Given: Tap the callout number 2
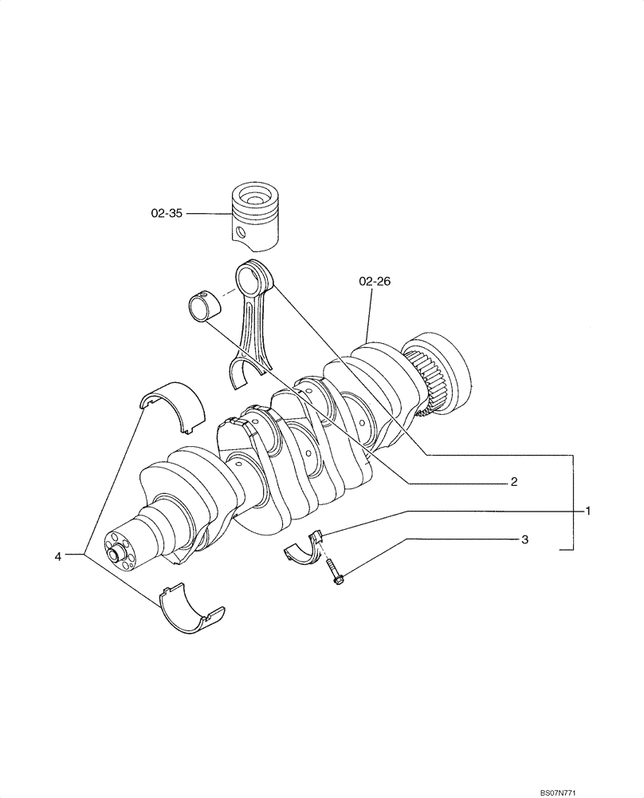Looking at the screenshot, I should click(514, 482).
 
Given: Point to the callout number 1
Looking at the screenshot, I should click(588, 510).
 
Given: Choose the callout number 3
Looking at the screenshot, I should click(524, 539).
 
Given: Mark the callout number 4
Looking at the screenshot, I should click(58, 556).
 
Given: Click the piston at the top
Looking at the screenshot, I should click(257, 215).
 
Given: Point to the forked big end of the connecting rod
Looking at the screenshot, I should click(248, 371).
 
